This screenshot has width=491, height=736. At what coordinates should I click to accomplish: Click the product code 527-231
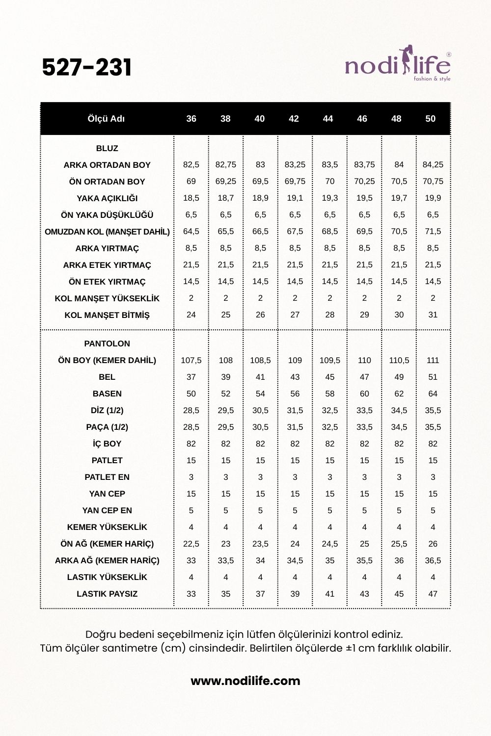pyautogui.click(x=87, y=68)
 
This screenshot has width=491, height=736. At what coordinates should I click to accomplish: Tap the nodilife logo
pyautogui.click(x=397, y=65)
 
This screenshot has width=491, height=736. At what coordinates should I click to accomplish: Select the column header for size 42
pyautogui.click(x=294, y=119)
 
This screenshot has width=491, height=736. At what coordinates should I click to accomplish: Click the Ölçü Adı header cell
pyautogui.click(x=106, y=119)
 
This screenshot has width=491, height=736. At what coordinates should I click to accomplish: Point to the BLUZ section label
pyautogui.click(x=107, y=148)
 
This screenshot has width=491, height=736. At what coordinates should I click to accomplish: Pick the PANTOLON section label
pyautogui.click(x=107, y=343)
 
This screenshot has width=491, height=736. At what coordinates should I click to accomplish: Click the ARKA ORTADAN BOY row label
pyautogui.click(x=107, y=165)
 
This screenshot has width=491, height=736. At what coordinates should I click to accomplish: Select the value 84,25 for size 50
pyautogui.click(x=433, y=165)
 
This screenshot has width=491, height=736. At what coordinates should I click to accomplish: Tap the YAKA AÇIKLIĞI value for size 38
pyautogui.click(x=225, y=198)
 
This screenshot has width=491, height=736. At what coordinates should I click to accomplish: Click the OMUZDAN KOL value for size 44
pyautogui.click(x=329, y=232)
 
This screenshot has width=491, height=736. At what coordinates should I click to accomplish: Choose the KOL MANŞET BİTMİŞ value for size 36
pyautogui.click(x=191, y=315)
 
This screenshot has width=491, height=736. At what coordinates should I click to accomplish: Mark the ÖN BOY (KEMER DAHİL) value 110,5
pyautogui.click(x=399, y=360)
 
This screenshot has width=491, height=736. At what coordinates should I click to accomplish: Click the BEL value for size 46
pyautogui.click(x=364, y=377)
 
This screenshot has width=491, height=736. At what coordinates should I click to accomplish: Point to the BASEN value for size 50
pyautogui.click(x=433, y=394)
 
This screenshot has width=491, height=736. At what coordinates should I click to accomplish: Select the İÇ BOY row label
pyautogui.click(x=107, y=444)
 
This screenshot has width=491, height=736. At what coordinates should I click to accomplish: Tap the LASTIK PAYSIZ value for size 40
pyautogui.click(x=260, y=594)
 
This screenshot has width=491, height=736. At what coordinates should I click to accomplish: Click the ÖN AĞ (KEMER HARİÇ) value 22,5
pyautogui.click(x=191, y=544)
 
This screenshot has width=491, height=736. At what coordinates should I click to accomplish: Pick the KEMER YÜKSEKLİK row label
pyautogui.click(x=107, y=527)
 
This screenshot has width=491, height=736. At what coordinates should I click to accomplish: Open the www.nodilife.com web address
pyautogui.click(x=245, y=681)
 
